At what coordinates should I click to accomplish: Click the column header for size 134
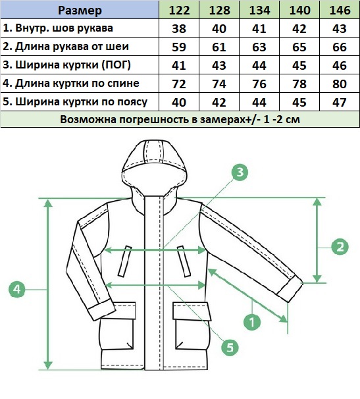click(x=259, y=10)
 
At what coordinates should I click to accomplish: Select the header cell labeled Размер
click(x=80, y=10)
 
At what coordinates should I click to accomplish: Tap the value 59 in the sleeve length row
click(x=179, y=47)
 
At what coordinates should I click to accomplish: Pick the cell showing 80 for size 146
click(x=340, y=84)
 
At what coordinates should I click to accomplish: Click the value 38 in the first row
click(x=179, y=28)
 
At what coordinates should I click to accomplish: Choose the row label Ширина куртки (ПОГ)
click(x=66, y=65)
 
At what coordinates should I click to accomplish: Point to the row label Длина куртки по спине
click(x=71, y=84)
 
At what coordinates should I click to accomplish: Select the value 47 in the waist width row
click(x=340, y=102)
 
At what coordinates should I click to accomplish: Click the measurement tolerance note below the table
click(x=180, y=119)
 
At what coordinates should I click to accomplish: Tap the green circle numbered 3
click(x=240, y=173)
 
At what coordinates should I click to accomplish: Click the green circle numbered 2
click(x=340, y=246)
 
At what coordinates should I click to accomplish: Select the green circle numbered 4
click(x=17, y=289)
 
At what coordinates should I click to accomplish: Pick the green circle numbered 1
click(x=252, y=322)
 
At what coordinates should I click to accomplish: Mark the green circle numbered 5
click(x=230, y=348)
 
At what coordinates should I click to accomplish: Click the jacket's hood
click(x=155, y=171)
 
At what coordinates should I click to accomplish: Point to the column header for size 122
click(x=179, y=10)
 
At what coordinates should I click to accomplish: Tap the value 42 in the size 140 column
click(x=299, y=28)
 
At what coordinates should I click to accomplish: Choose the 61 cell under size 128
click(x=219, y=47)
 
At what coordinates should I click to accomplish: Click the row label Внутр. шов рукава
click(x=58, y=28)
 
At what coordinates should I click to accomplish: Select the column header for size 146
click(x=340, y=10)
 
